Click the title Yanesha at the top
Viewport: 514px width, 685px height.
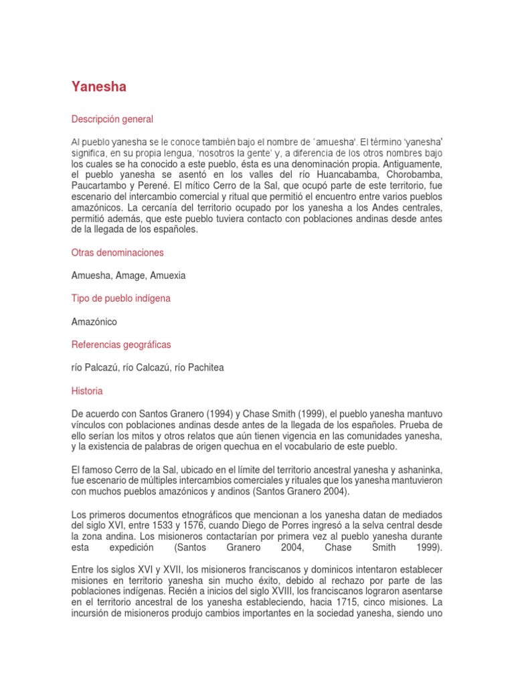point(98,87)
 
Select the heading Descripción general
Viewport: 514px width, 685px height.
point(112,119)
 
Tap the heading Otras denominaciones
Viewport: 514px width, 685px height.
point(117,253)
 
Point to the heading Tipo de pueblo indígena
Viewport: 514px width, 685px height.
point(120,298)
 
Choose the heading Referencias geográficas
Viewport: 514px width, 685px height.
point(120,345)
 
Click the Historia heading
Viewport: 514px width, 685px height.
point(87,391)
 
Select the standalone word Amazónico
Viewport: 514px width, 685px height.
point(94,322)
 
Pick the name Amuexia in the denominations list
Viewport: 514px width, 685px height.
point(170,276)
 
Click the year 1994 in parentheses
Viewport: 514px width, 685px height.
point(193,414)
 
